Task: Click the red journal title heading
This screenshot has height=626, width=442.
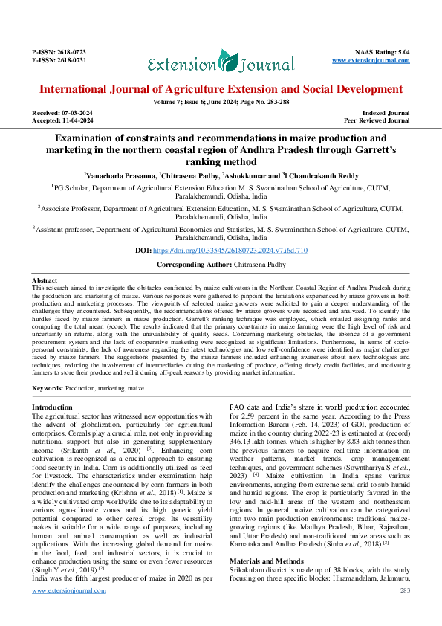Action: [x=221, y=89]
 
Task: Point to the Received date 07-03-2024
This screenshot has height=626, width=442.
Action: [x=76, y=113]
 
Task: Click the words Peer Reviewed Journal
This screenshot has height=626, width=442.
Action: [x=377, y=120]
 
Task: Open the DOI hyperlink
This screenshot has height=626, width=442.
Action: [x=235, y=252]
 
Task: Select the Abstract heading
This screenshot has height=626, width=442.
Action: [x=46, y=280]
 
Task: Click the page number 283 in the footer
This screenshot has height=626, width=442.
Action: [x=405, y=611]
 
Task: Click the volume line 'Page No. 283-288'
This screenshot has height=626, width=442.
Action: [x=259, y=101]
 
